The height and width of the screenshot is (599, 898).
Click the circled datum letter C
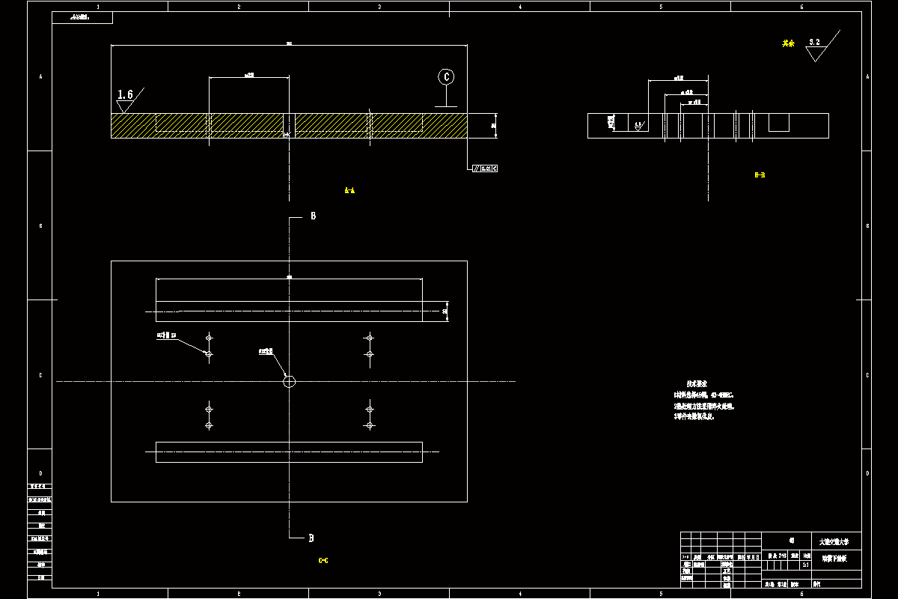pyautogui.click(x=446, y=76)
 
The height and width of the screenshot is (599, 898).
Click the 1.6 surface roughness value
pyautogui.click(x=125, y=94)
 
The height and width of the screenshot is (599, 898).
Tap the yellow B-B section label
pyautogui.click(x=760, y=175)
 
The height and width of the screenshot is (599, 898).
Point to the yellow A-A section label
pyautogui.click(x=349, y=191)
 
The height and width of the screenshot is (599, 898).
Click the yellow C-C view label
pyautogui.click(x=323, y=560)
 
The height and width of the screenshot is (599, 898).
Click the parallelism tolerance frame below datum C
pyautogui.click(x=485, y=168)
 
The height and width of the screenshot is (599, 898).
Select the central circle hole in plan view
pyautogui.click(x=290, y=381)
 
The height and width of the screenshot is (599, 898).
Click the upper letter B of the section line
pyautogui.click(x=313, y=216)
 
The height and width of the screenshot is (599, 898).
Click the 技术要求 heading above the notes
pyautogui.click(x=697, y=383)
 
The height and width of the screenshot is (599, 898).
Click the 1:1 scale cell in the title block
pyautogui.click(x=805, y=565)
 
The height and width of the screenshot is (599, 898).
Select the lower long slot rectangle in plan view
pyautogui.click(x=289, y=452)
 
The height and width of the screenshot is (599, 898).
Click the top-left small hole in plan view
pyautogui.click(x=209, y=337)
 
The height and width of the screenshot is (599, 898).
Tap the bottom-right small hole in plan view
pyautogui.click(x=369, y=425)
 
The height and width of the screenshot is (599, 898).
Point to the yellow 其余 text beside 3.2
pyautogui.click(x=787, y=43)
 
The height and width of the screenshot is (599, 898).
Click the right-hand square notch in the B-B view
pyautogui.click(x=779, y=123)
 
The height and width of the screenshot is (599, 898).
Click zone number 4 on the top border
pyautogui.click(x=520, y=7)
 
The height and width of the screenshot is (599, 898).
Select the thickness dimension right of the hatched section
pyautogui.click(x=494, y=126)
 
